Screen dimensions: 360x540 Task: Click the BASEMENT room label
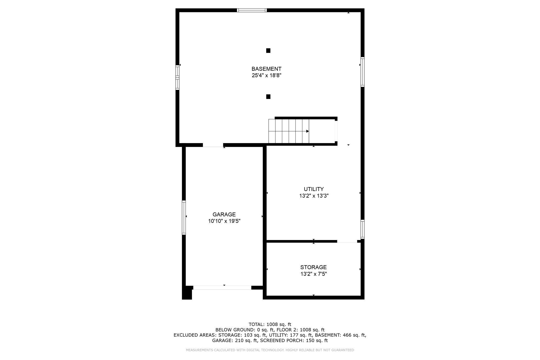click(266, 69)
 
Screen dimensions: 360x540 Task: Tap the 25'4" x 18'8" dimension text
click(266, 76)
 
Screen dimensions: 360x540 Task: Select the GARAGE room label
click(224, 214)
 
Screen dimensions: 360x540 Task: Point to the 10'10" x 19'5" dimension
click(224, 221)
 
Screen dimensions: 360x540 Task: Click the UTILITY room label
click(314, 189)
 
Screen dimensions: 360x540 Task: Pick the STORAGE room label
click(313, 267)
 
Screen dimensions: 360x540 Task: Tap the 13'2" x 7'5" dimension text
click(313, 274)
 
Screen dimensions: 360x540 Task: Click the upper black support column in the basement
click(268, 51)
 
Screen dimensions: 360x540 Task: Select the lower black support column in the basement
click(268, 97)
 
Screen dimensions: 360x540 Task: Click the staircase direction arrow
click(307, 131)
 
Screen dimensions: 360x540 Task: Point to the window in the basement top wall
click(252, 10)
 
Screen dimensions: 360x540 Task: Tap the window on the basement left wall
click(178, 77)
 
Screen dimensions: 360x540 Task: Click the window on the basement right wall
click(362, 72)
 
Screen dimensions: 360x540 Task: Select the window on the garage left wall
click(184, 217)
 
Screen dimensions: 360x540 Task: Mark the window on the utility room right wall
click(362, 229)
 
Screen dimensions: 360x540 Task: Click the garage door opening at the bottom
click(222, 288)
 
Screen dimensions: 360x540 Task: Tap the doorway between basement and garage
click(213, 145)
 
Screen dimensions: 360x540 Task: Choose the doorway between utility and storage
click(347, 241)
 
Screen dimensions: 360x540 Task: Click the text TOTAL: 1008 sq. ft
click(270, 324)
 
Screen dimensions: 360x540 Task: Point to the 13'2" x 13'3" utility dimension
click(314, 196)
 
